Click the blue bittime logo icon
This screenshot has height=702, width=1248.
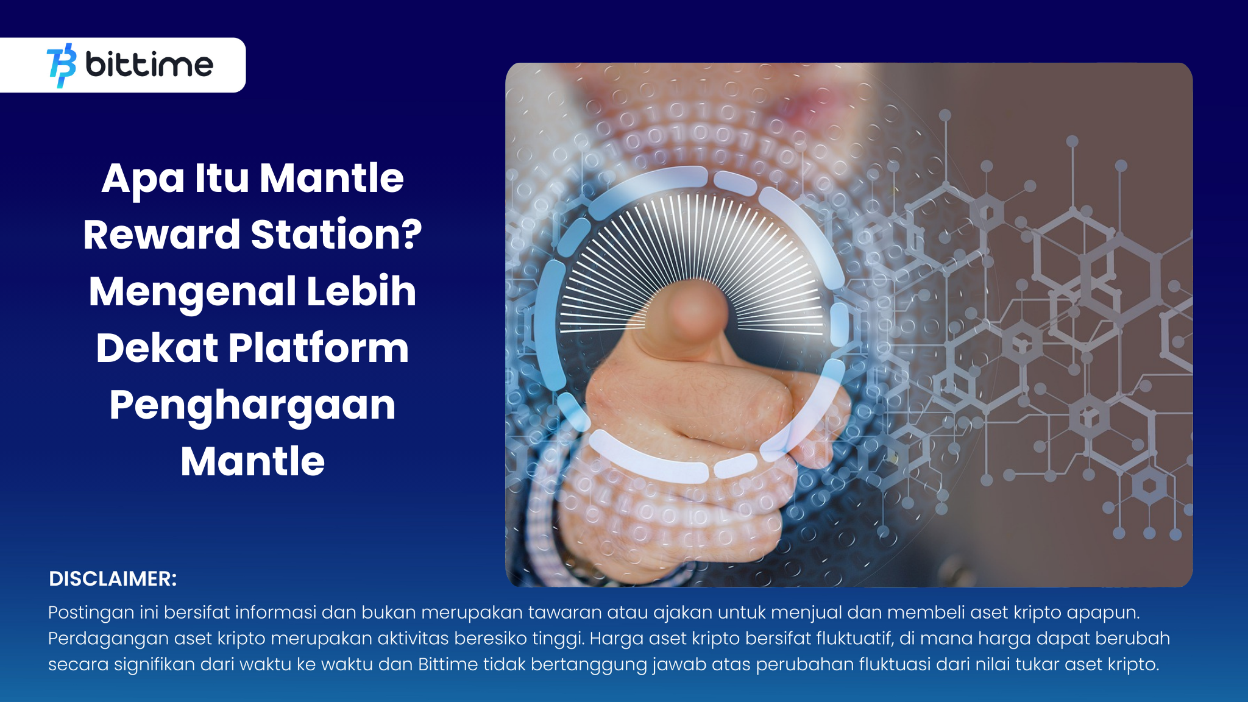[x=62, y=65]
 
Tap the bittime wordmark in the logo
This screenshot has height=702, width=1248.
[x=149, y=65]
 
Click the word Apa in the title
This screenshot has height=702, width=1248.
[x=143, y=179]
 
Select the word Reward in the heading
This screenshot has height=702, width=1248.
[x=161, y=235]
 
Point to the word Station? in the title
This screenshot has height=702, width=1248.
[x=336, y=235]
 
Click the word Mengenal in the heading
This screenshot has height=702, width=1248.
[x=192, y=291]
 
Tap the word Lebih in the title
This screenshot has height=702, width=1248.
[x=361, y=291]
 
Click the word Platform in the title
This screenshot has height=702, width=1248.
[x=318, y=348]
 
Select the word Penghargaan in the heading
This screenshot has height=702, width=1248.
[x=252, y=406]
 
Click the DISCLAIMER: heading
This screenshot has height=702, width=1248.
[x=113, y=579]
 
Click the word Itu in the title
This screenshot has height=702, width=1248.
[x=222, y=179]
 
